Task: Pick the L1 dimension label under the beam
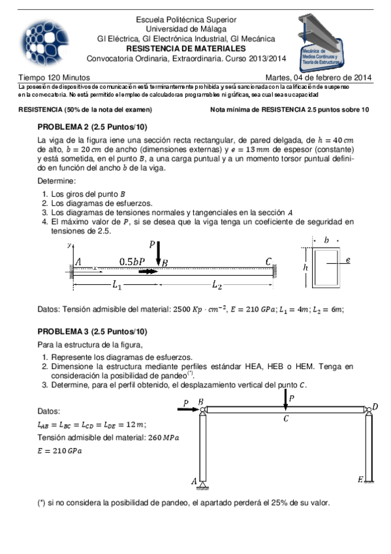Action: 117,284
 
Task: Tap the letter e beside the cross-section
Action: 349,260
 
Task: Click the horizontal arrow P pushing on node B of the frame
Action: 188,409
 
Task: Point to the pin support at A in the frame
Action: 204,482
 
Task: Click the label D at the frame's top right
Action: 374,407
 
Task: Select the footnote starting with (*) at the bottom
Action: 184,502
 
